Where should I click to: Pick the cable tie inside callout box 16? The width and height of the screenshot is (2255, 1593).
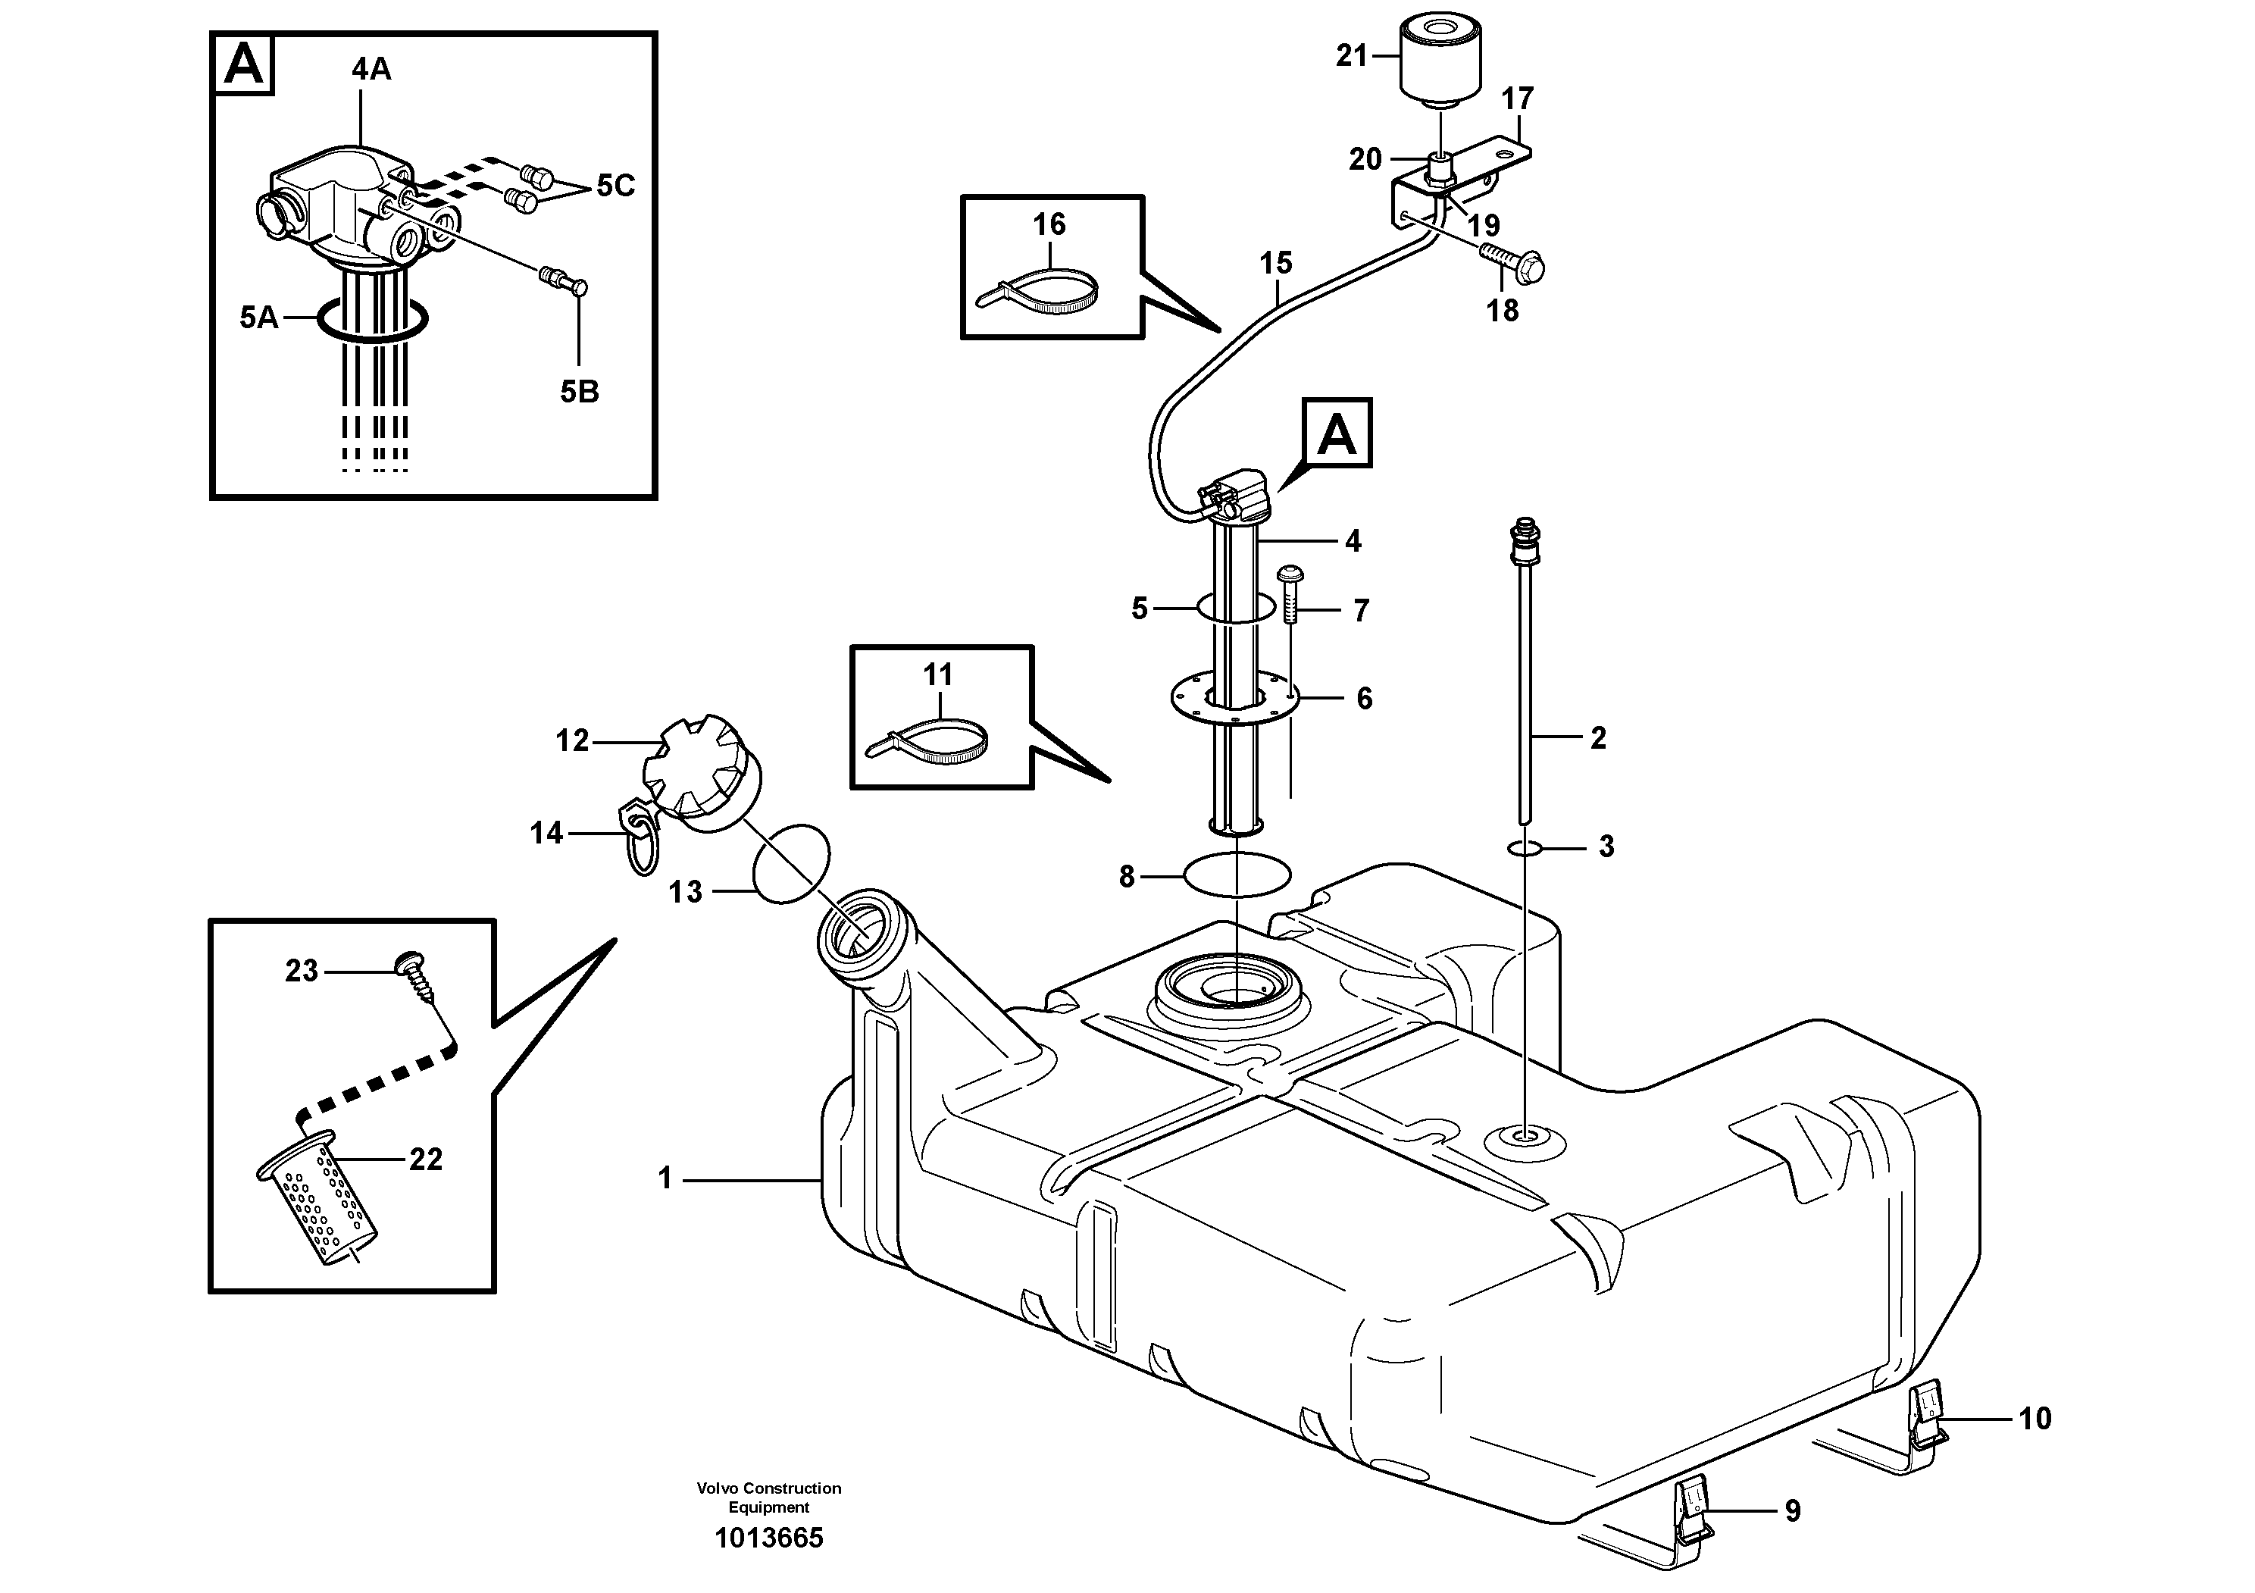[1039, 291]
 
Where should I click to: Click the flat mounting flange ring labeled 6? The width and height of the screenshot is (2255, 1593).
[1234, 699]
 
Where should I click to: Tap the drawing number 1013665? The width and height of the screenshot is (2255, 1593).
[769, 1538]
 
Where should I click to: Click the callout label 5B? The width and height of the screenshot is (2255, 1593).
[580, 392]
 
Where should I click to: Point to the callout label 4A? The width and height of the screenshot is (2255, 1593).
[371, 69]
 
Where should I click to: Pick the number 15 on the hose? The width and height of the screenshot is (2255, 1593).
[1276, 262]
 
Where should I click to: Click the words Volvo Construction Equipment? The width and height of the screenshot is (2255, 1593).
[769, 1498]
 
